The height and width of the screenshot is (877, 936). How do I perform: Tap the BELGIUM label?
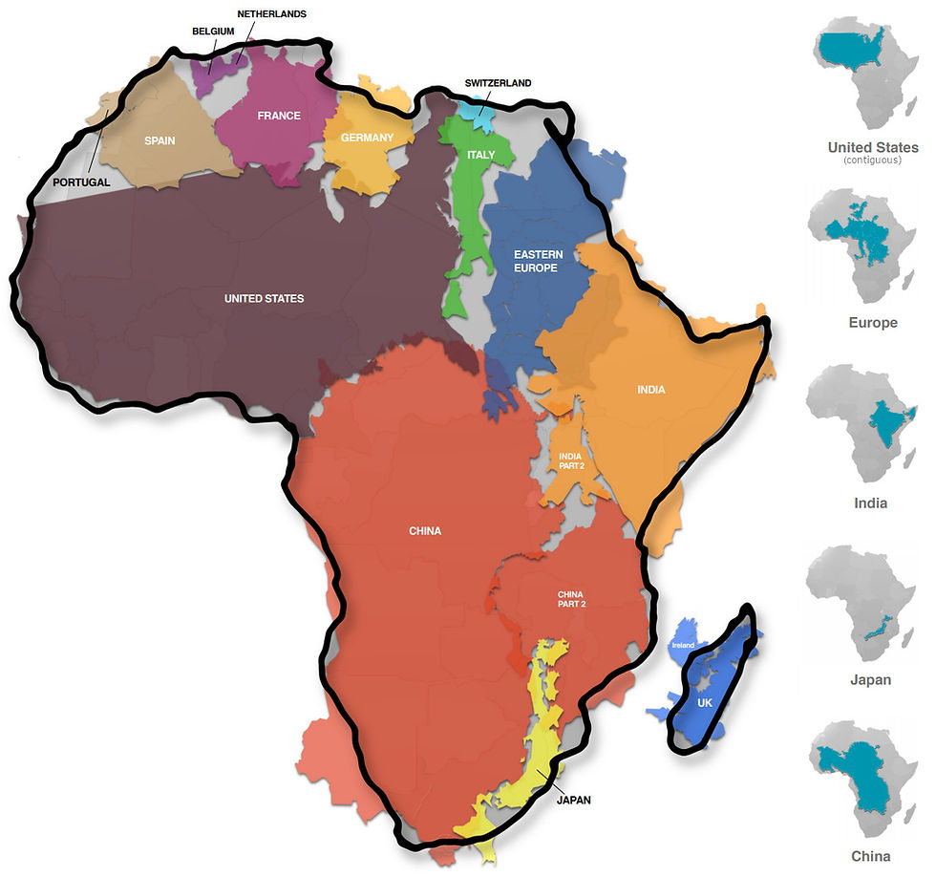[213, 32]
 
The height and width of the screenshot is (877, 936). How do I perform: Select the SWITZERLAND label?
[498, 83]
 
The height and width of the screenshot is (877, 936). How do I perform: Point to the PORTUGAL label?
[81, 182]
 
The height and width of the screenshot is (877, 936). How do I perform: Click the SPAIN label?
[160, 140]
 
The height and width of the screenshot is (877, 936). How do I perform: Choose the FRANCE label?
[279, 116]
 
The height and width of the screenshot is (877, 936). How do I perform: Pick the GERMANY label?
[367, 138]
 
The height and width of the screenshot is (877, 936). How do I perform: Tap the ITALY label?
[481, 155]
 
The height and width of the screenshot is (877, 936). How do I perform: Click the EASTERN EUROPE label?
[538, 261]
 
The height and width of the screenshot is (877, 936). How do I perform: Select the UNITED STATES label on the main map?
[264, 299]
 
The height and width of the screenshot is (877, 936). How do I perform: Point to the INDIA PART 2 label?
[571, 461]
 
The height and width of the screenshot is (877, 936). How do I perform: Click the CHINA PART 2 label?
[570, 599]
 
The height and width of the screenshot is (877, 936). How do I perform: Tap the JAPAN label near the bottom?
[573, 800]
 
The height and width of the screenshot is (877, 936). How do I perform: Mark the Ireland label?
[683, 646]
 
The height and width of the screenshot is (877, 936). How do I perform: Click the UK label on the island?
[705, 703]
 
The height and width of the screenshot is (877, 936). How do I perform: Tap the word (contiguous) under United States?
[873, 160]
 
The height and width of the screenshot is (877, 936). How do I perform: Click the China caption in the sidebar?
[871, 855]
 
